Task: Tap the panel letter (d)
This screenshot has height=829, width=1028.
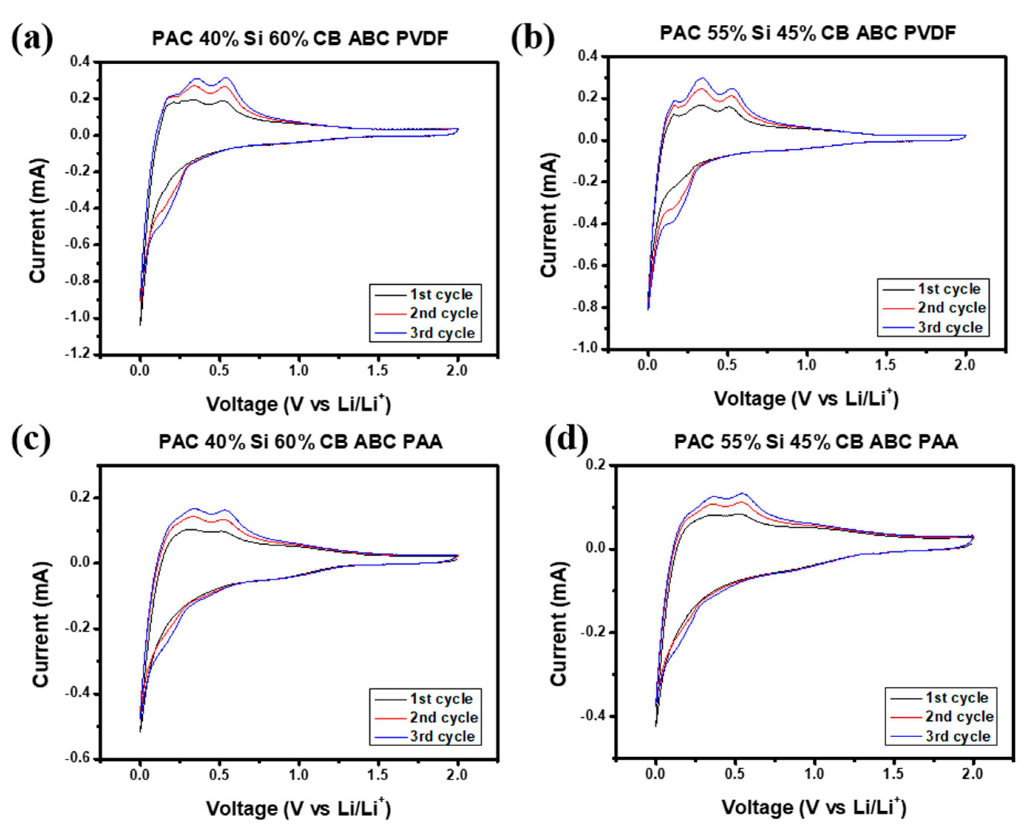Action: (566, 439)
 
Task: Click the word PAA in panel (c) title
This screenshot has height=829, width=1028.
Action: (423, 442)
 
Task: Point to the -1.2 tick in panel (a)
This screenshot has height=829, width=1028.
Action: (80, 354)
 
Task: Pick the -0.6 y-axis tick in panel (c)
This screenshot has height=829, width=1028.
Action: (80, 759)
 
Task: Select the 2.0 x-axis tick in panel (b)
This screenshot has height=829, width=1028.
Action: (964, 365)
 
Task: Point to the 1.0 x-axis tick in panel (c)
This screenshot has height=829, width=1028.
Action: (298, 775)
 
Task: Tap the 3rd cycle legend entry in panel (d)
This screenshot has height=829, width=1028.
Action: (958, 736)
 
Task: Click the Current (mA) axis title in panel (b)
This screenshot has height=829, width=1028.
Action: (549, 215)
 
